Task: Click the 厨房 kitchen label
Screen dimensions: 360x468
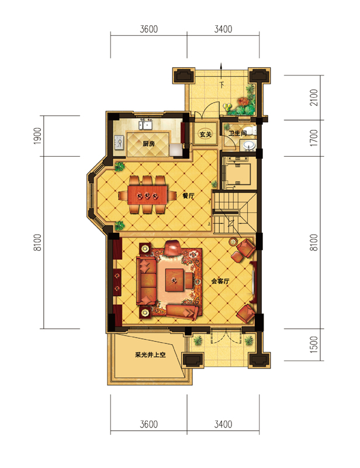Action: pos(148,144)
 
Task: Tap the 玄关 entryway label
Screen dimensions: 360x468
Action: pos(205,135)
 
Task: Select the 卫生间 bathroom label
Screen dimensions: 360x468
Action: pos(237,133)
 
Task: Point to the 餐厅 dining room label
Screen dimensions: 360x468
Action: pos(188,196)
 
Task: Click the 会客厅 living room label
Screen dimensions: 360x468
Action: pos(220,281)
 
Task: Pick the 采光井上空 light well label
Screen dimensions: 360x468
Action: pos(150,355)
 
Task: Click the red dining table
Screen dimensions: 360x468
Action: pos(147,195)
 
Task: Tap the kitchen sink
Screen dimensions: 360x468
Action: pos(146,124)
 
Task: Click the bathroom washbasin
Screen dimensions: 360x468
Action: pos(249,145)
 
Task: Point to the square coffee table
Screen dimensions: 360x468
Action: pos(175,280)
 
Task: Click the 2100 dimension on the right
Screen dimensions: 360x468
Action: pos(314,97)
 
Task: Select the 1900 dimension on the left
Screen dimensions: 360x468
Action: pos(37,136)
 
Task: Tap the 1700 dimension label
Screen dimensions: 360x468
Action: pos(314,137)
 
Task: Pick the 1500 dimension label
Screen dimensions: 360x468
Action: pos(314,345)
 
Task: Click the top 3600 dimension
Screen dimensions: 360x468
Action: pos(148,29)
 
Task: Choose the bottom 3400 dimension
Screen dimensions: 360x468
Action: pos(223,424)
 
